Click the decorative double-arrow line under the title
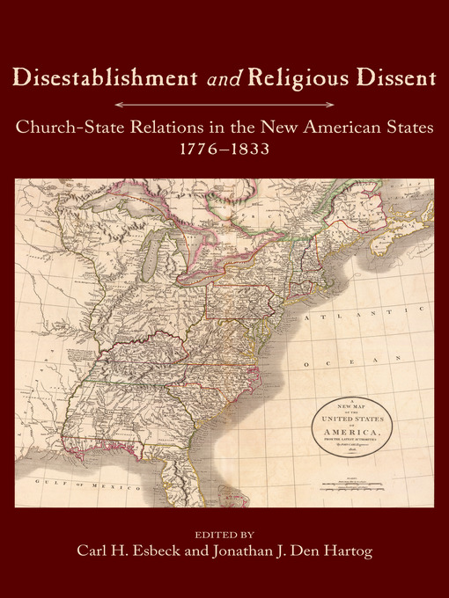pos(224,105)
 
